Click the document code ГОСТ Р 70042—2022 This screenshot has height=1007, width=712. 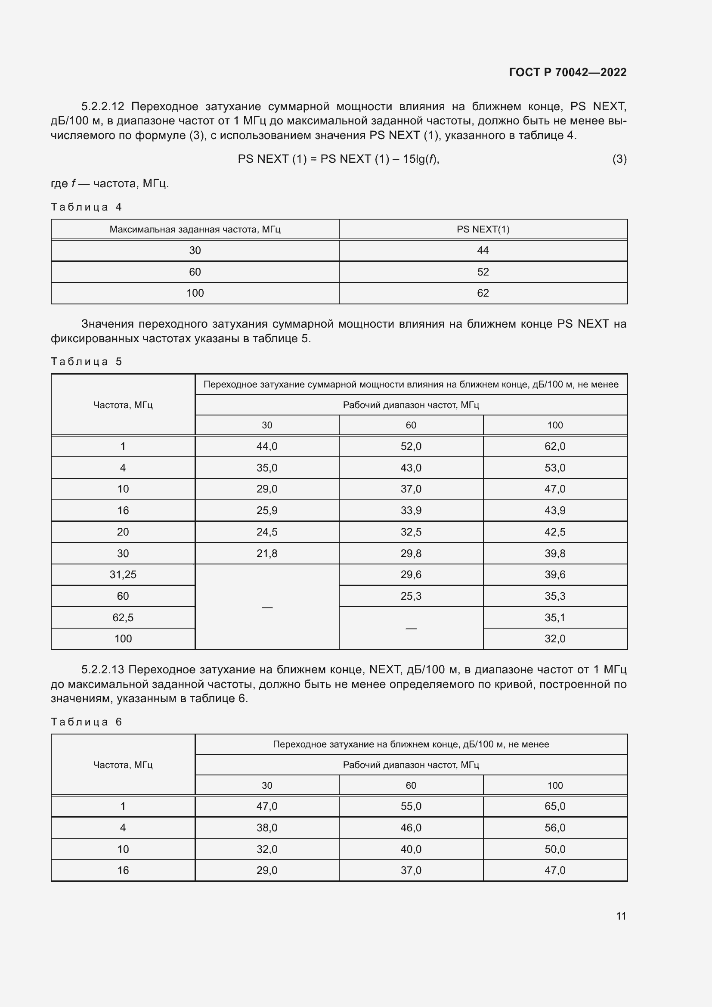(x=567, y=72)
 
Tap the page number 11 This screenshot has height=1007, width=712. (x=621, y=916)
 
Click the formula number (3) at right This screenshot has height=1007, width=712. (x=619, y=159)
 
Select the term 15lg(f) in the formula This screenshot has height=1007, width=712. (x=421, y=159)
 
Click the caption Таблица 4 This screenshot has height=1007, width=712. (x=86, y=207)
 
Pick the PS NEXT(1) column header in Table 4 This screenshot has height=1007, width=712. (x=483, y=229)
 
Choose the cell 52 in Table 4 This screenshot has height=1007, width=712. (x=483, y=272)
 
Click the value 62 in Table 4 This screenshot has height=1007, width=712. (x=483, y=293)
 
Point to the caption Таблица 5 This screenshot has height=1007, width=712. (x=86, y=361)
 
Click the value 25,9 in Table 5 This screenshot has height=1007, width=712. (x=266, y=511)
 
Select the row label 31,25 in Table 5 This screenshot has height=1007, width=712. (x=123, y=575)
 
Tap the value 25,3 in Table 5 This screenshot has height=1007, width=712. (x=411, y=596)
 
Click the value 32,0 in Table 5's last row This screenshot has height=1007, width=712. (x=554, y=638)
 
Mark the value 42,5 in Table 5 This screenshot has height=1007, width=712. (x=554, y=532)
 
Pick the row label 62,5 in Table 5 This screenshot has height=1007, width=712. (x=123, y=617)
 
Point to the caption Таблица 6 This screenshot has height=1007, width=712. (x=86, y=722)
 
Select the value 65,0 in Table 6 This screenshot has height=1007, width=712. (x=554, y=806)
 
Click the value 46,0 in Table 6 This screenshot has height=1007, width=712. (x=411, y=827)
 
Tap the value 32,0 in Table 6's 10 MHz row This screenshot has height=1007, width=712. (x=266, y=849)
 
